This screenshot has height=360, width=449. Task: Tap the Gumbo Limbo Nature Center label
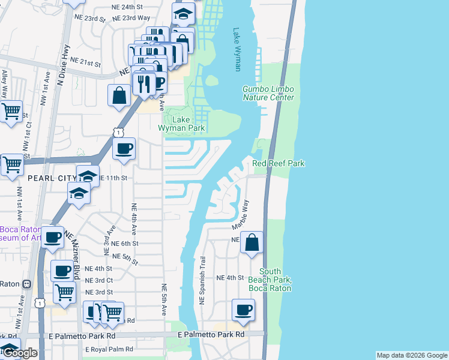(x=268, y=93)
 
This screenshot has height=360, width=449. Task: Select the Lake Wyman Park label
(x=181, y=124)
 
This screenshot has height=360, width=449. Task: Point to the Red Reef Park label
(x=279, y=163)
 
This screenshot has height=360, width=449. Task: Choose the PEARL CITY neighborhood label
(x=52, y=178)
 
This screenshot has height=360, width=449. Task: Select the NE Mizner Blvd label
(x=73, y=255)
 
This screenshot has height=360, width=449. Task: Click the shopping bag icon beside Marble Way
(x=252, y=242)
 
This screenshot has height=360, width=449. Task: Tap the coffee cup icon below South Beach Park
(x=243, y=310)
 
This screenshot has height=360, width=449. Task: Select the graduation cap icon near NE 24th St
(x=183, y=13)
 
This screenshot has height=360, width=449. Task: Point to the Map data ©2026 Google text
(x=412, y=355)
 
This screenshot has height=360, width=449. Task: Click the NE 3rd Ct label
(x=99, y=280)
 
